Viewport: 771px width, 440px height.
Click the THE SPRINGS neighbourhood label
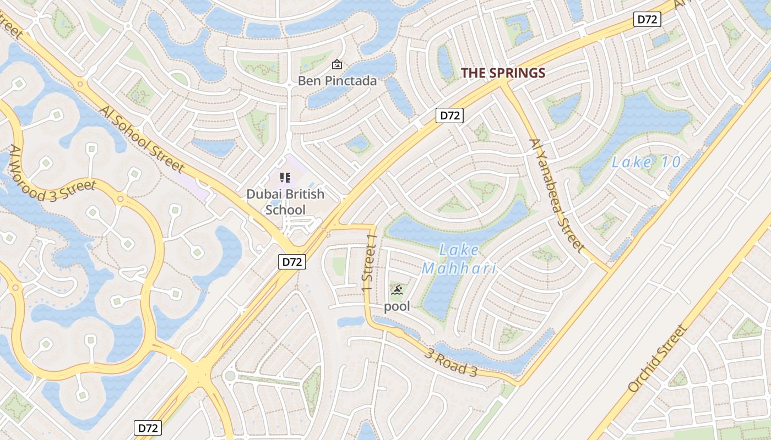coord(503,73)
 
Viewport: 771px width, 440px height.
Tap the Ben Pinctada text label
coord(337,81)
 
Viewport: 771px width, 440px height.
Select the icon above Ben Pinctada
coord(337,65)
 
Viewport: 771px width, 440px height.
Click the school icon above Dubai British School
coord(285,177)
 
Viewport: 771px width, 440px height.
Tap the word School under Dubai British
coord(285,210)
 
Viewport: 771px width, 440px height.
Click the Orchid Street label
coord(658,358)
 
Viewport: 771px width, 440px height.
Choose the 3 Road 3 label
coord(450,361)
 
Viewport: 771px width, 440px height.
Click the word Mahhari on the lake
coord(459,269)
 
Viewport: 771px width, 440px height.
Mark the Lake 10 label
coord(647,162)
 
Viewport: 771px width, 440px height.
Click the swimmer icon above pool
coord(397,289)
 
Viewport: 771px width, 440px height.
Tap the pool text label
coord(397,306)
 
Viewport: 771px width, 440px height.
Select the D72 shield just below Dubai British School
coord(291,262)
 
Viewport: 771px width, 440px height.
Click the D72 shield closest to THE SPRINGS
coord(449,116)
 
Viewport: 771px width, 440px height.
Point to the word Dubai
coord(263,194)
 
